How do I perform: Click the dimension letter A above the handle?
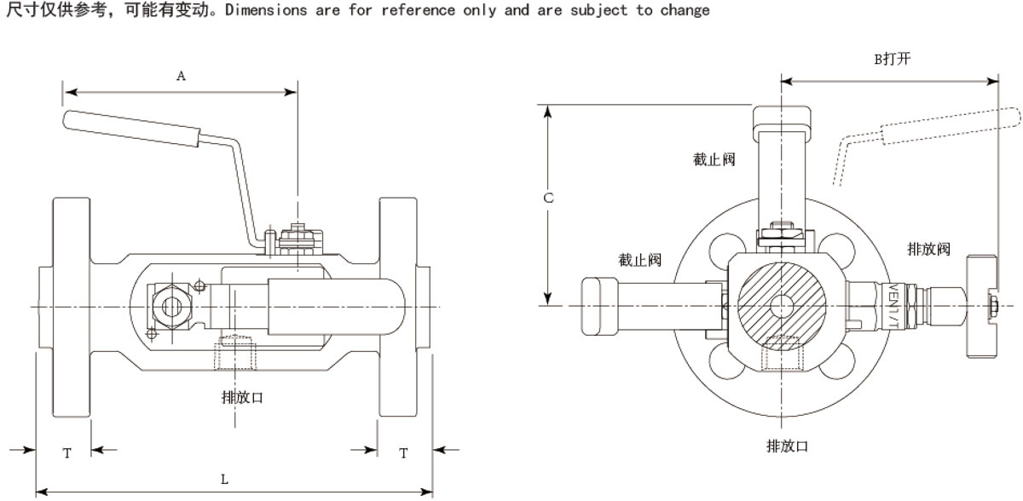pyautogui.click(x=181, y=76)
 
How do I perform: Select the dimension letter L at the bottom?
pyautogui.click(x=225, y=480)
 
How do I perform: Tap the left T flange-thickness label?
pyautogui.click(x=66, y=453)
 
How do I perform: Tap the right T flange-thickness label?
pyautogui.click(x=403, y=453)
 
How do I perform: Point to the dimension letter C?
pyautogui.click(x=549, y=198)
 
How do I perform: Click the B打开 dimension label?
pyautogui.click(x=891, y=59)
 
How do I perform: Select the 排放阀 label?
pyautogui.click(x=928, y=249)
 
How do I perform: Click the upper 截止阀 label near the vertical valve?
pyautogui.click(x=714, y=158)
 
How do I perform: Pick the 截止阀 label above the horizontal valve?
pyautogui.click(x=640, y=260)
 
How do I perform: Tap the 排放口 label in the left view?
pyautogui.click(x=242, y=396)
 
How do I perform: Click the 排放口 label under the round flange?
pyautogui.click(x=787, y=446)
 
